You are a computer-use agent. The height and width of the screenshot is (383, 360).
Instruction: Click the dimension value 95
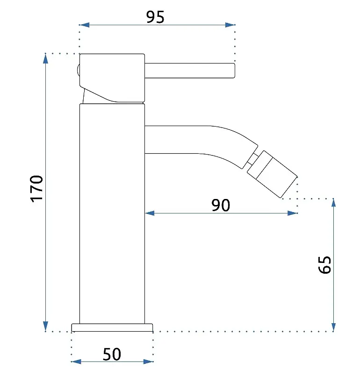[x=155, y=17]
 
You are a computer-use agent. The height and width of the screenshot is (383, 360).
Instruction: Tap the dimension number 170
[x=36, y=189]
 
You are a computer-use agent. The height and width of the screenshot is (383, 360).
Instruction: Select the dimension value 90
[x=221, y=205]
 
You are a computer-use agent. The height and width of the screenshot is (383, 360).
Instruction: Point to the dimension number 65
[x=324, y=265]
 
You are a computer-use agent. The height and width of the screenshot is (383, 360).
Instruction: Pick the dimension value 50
[x=112, y=354]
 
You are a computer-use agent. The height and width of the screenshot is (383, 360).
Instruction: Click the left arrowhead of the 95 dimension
[x=84, y=25]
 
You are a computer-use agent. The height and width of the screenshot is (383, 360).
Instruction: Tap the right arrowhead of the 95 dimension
[x=230, y=25]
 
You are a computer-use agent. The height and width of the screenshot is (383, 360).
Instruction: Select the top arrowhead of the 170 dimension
[x=45, y=59]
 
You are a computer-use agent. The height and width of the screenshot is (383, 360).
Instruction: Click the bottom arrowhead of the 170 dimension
[x=45, y=326]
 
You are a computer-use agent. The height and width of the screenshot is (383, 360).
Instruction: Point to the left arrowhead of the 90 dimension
[x=150, y=213]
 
